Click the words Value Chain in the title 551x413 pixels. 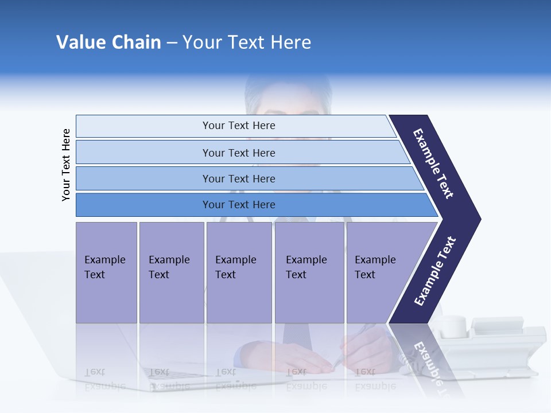pos(108,42)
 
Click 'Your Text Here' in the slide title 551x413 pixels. pos(247,42)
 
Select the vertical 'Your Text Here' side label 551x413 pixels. pos(67,165)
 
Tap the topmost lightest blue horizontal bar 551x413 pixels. pos(238,126)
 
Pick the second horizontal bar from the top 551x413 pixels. pos(238,153)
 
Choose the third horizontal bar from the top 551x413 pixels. pos(238,178)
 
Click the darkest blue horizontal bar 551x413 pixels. pos(238,205)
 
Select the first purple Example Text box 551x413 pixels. pos(106,272)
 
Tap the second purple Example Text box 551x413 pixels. pos(171,272)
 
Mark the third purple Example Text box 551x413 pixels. pos(239,272)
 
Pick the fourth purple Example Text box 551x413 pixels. pos(309,272)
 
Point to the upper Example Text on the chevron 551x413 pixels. pos(433,163)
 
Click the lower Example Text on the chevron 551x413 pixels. pos(434,271)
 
